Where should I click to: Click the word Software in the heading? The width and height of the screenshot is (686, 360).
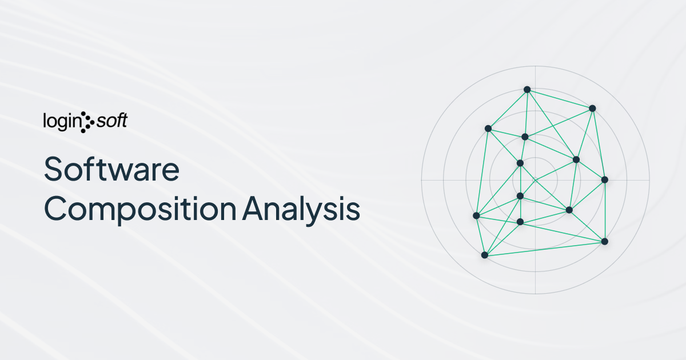(x=112, y=170)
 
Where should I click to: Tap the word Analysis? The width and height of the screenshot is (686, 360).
(x=301, y=209)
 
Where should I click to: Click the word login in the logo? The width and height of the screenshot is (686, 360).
(x=62, y=121)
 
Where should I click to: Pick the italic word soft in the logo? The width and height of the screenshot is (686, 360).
(x=111, y=121)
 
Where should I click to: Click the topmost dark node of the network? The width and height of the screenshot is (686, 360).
(x=527, y=89)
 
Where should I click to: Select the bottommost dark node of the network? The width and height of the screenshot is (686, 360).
(x=485, y=254)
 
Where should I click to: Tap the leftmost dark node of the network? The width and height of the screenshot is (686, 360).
(x=476, y=215)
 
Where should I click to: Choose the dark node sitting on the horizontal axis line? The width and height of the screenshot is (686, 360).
(x=604, y=180)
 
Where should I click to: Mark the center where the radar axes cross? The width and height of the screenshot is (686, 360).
(x=535, y=180)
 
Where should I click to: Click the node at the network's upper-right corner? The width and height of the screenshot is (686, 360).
(x=592, y=108)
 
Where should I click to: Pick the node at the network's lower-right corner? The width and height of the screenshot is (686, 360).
(x=604, y=241)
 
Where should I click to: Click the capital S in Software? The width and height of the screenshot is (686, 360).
(x=55, y=170)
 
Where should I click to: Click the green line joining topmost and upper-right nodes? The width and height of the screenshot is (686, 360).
(x=560, y=98)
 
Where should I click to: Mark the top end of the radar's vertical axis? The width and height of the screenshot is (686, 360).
(x=535, y=66)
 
